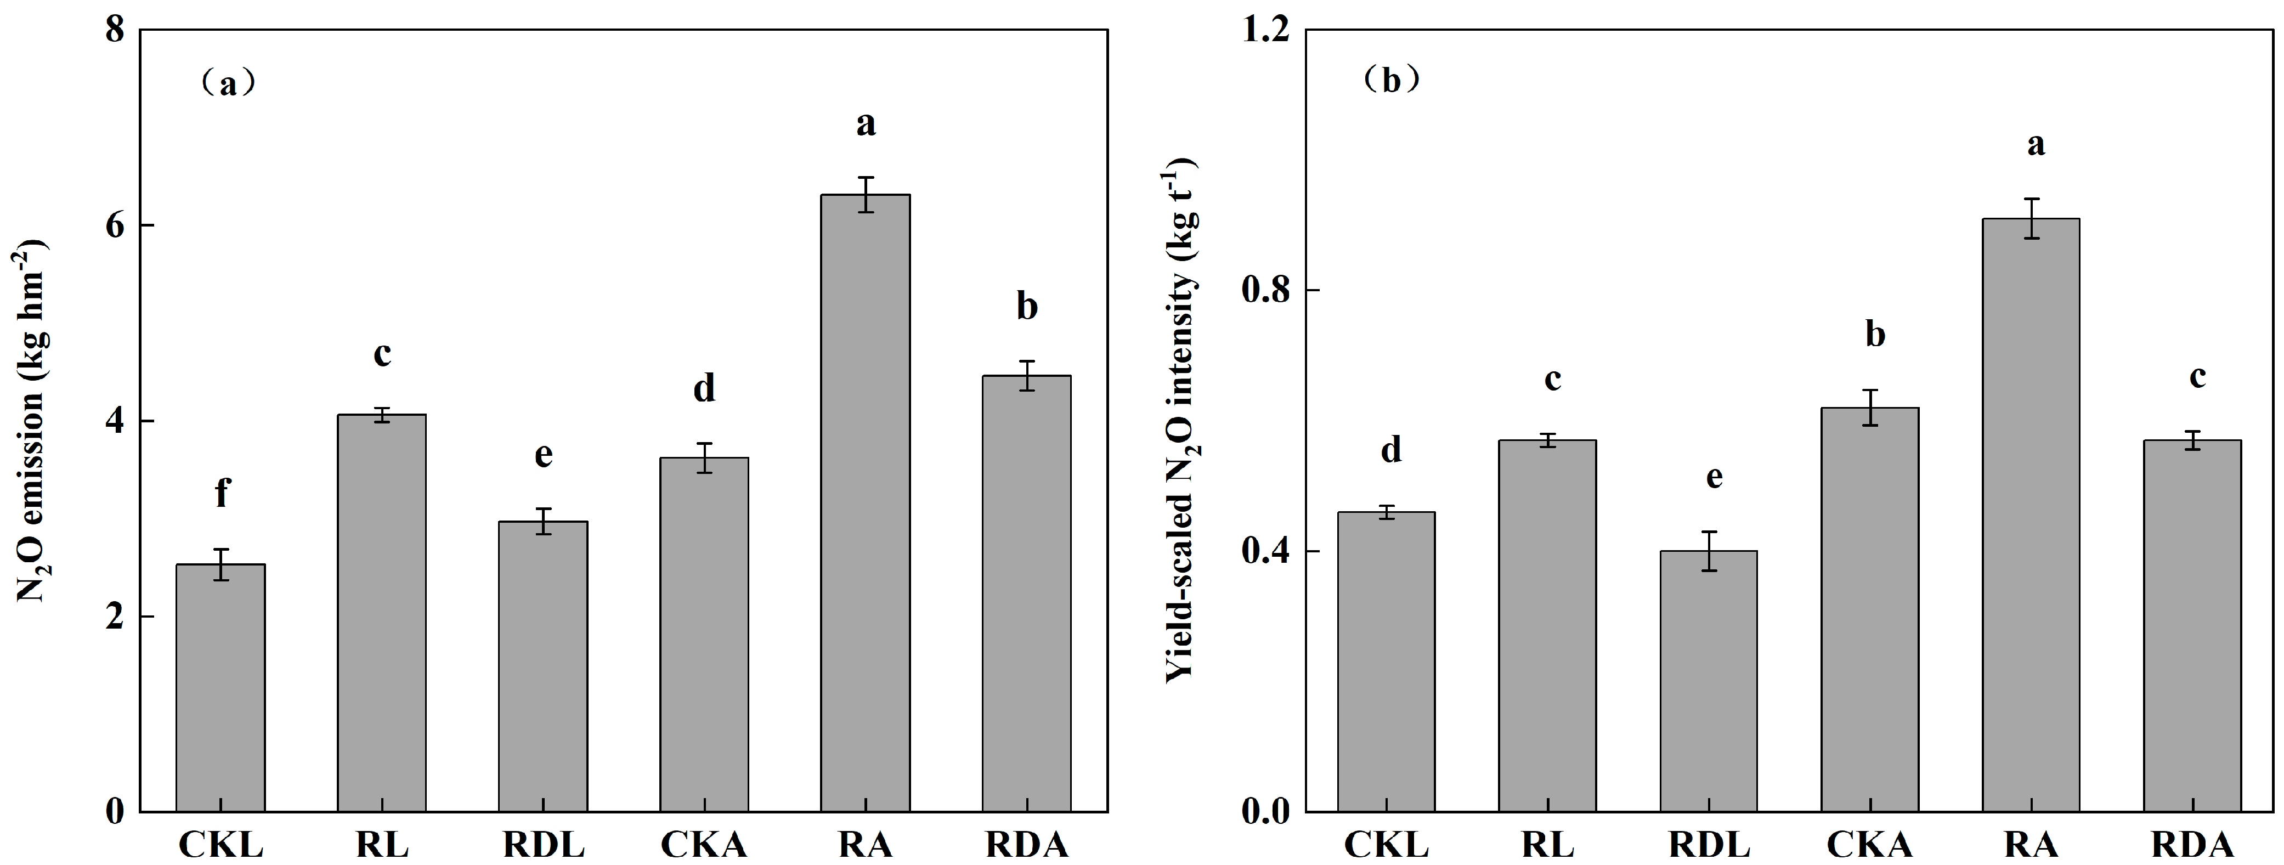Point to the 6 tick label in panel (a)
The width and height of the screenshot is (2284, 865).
pyautogui.click(x=115, y=225)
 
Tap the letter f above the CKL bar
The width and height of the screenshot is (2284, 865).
pyautogui.click(x=222, y=492)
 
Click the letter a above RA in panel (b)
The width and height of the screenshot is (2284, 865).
pyautogui.click(x=2036, y=144)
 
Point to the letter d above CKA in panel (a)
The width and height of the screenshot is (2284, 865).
pyautogui.click(x=704, y=388)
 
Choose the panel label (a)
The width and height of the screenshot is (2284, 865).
pyautogui.click(x=228, y=84)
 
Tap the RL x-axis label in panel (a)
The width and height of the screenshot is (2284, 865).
pyautogui.click(x=382, y=844)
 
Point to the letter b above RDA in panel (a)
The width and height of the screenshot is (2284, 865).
pyautogui.click(x=1027, y=307)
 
